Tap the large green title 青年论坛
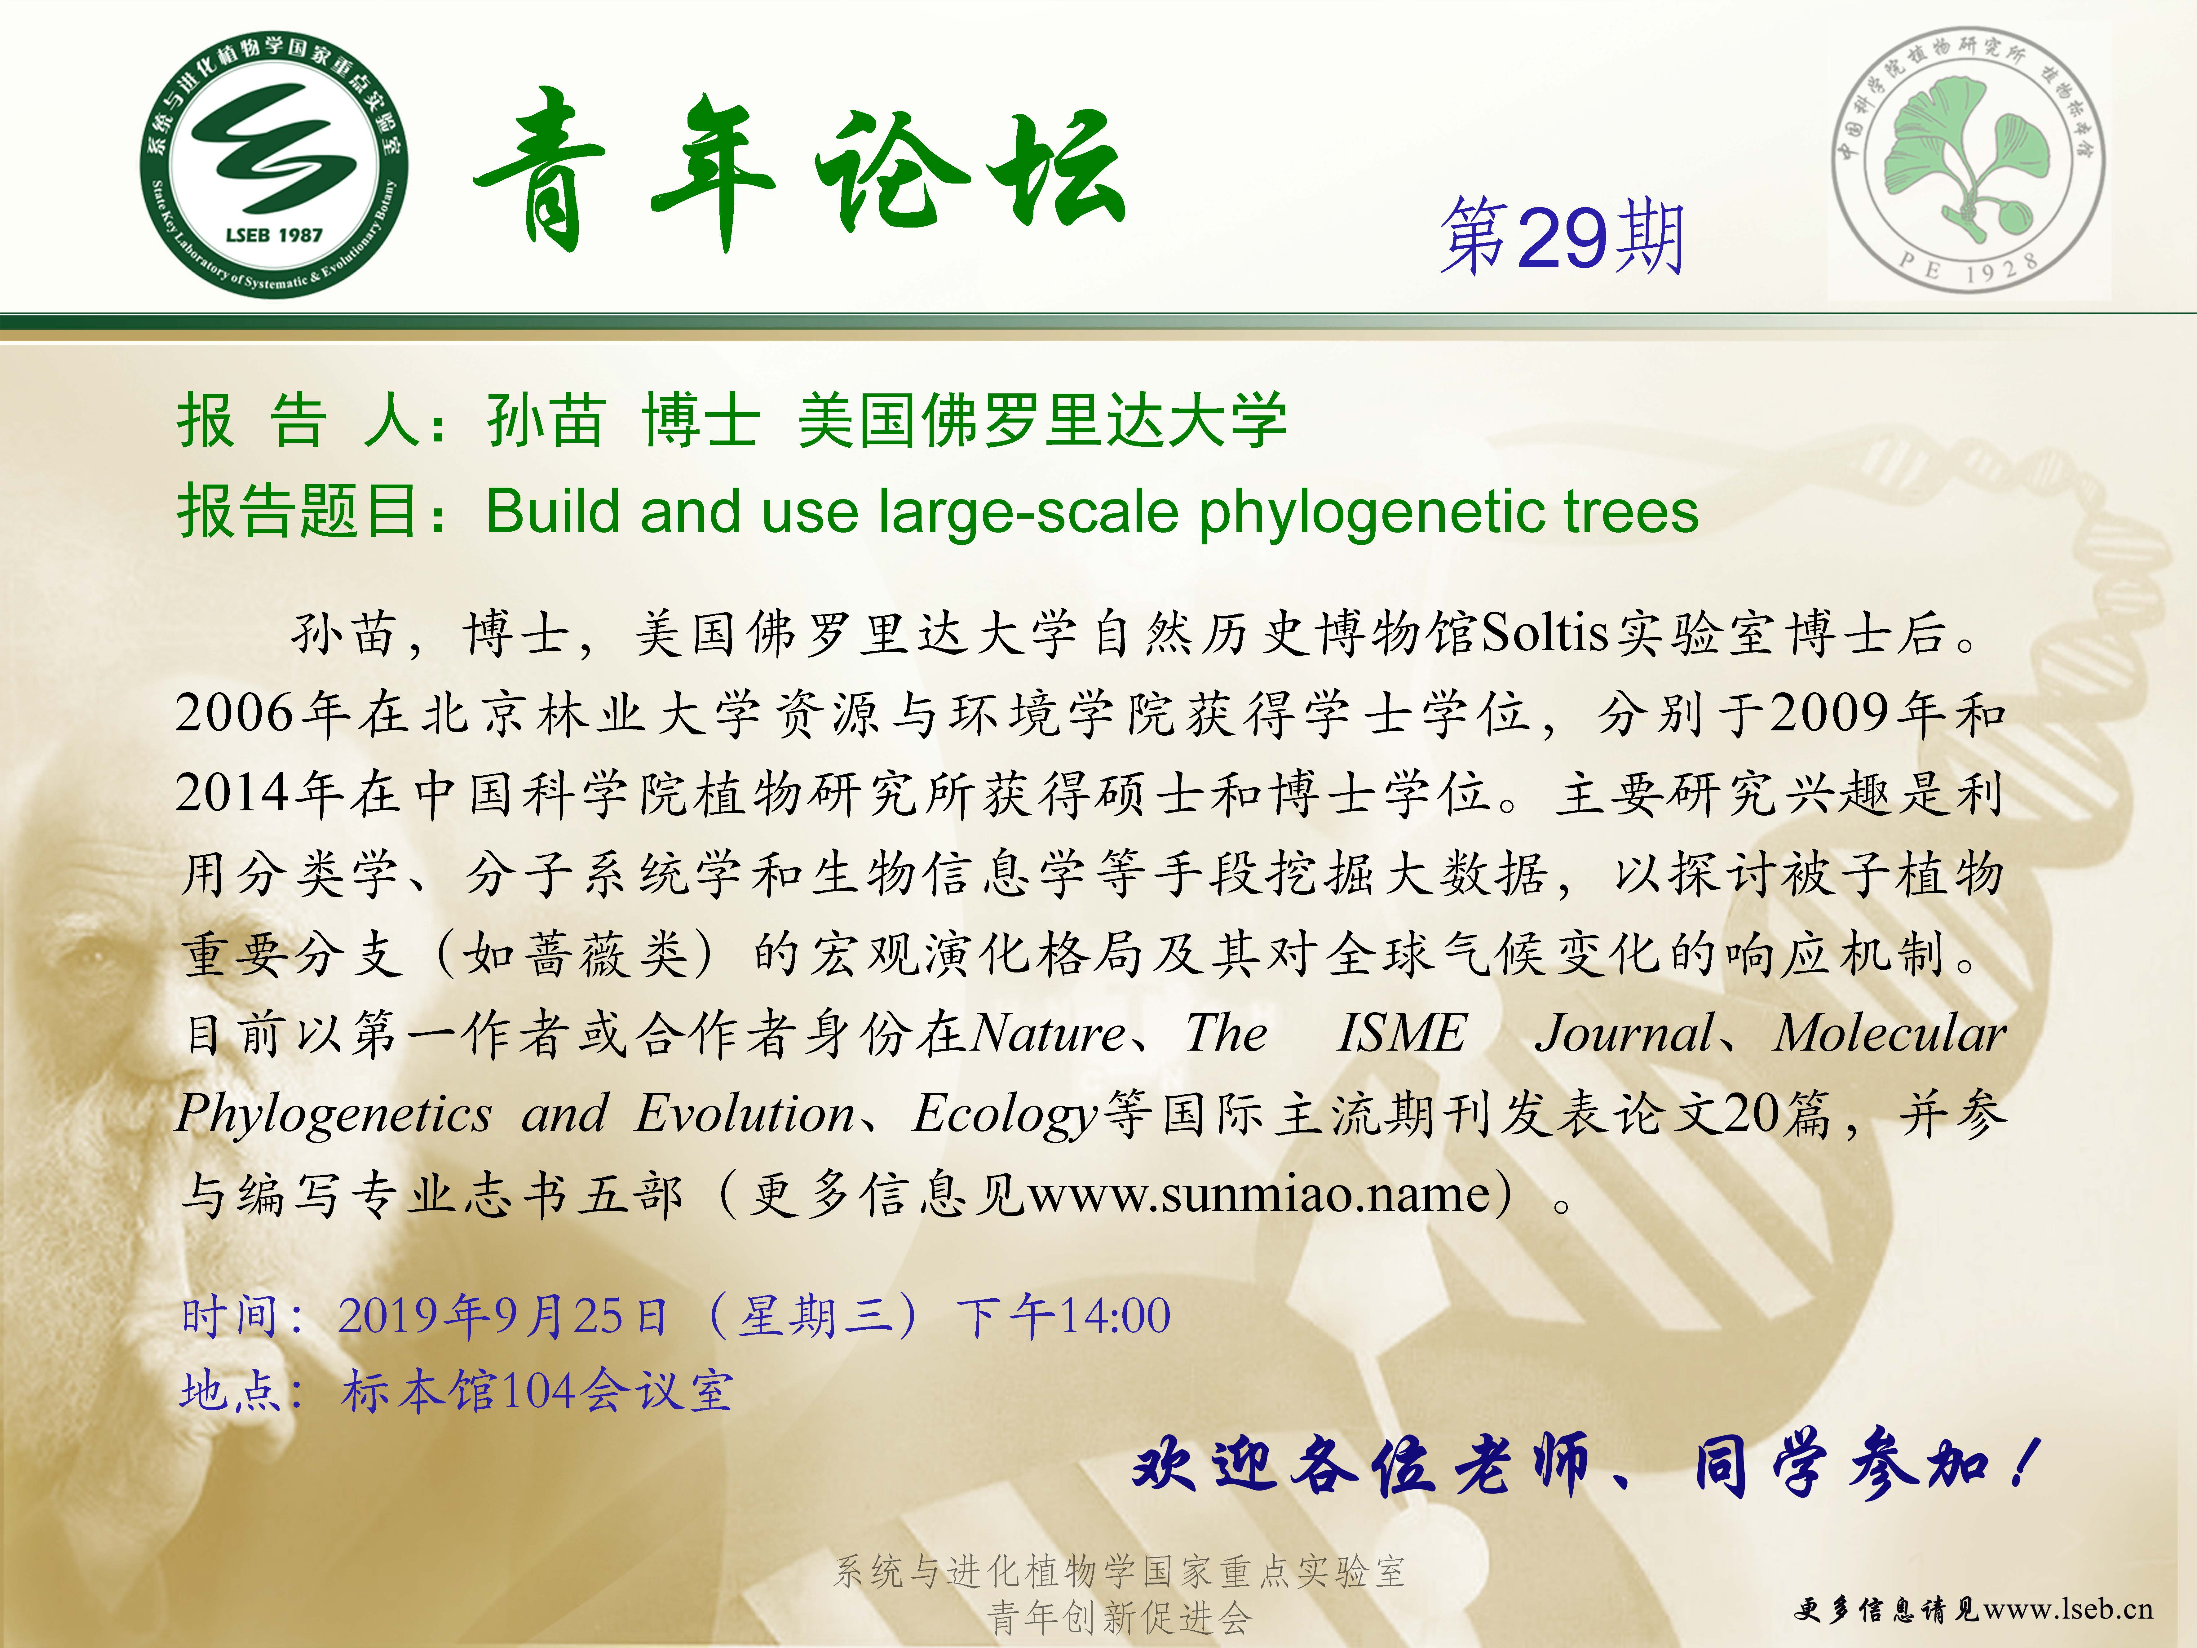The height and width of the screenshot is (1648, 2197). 799,169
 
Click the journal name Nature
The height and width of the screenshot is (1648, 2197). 1048,1033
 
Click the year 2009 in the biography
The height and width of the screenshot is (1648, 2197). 1831,713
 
